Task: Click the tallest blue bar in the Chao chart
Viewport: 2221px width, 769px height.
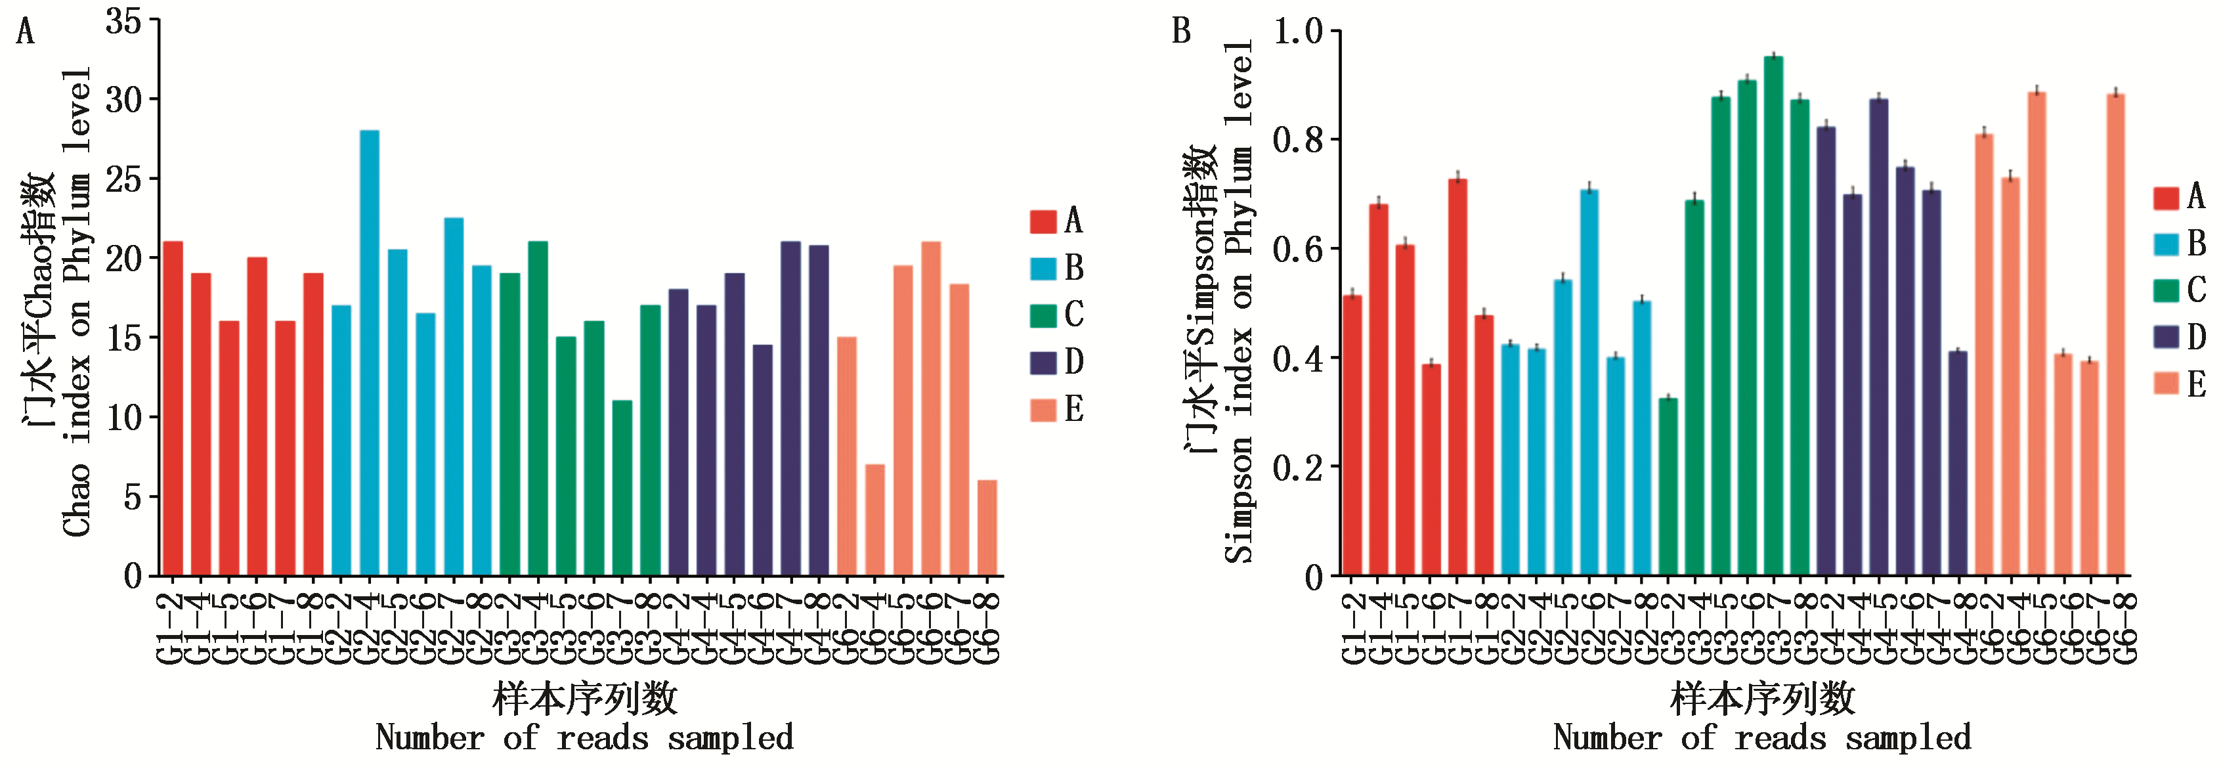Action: [x=369, y=353]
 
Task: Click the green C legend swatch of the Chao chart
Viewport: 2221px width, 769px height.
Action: [x=1043, y=315]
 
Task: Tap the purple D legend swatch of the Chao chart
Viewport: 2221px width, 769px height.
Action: [x=1043, y=362]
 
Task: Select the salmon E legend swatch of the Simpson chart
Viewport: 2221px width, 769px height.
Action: [x=2167, y=384]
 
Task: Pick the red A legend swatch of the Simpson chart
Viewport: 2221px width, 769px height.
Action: [x=2167, y=198]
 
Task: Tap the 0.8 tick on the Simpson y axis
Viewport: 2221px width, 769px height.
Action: [x=1297, y=140]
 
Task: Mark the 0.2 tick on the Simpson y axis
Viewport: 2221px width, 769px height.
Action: [x=1297, y=468]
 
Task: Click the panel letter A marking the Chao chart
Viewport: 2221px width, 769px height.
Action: [x=26, y=33]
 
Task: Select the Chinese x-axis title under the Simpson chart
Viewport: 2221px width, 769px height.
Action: [x=1762, y=698]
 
